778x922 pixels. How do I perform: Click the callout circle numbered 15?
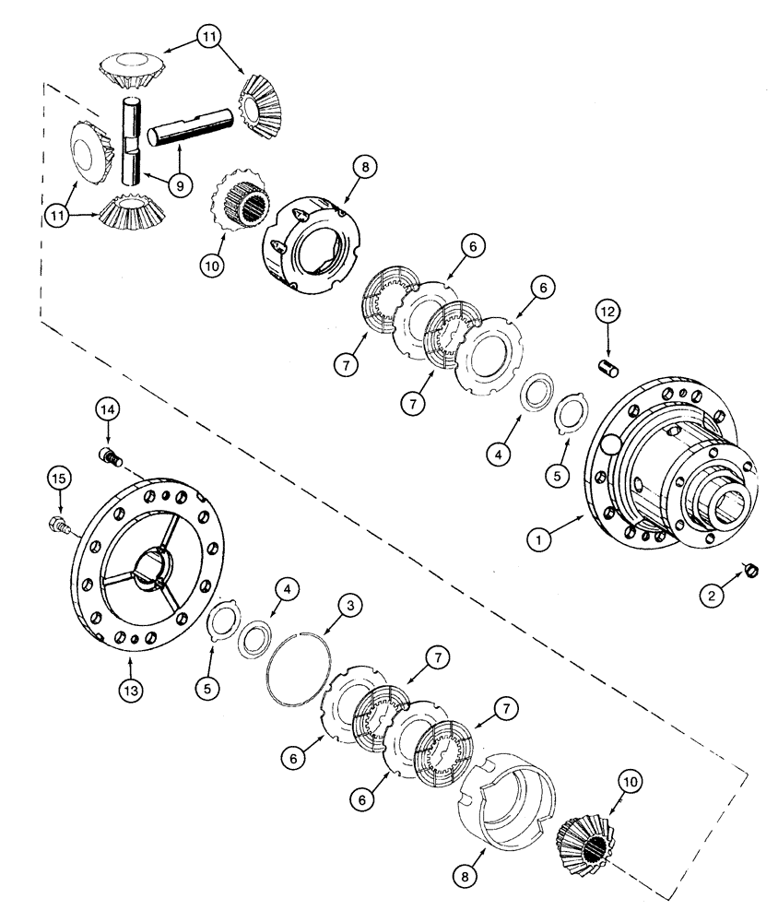(59, 478)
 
